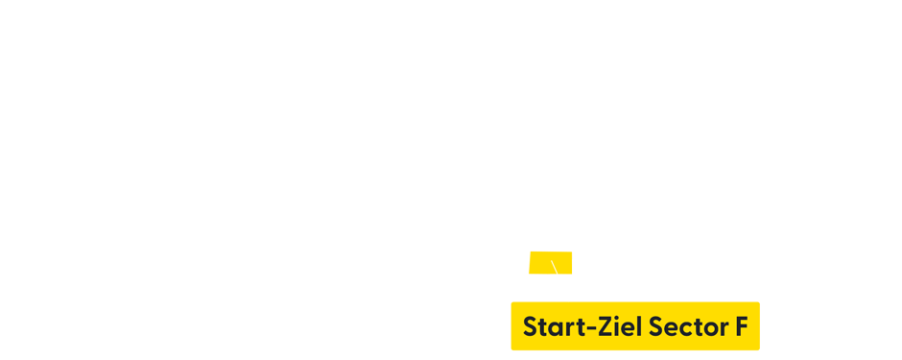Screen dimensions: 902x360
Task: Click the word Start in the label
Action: [x=551, y=327]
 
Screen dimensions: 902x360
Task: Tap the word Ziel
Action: [x=620, y=327]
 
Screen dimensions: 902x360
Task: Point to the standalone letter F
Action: [x=741, y=327]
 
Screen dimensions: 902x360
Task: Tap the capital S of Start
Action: [x=530, y=327]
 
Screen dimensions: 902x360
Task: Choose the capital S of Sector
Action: [x=656, y=327]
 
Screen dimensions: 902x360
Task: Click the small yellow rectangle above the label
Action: [x=550, y=262]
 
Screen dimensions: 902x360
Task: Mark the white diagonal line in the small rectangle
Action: [x=555, y=267]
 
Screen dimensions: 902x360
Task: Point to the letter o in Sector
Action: [x=710, y=330]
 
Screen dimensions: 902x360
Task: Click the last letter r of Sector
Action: [x=723, y=330]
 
